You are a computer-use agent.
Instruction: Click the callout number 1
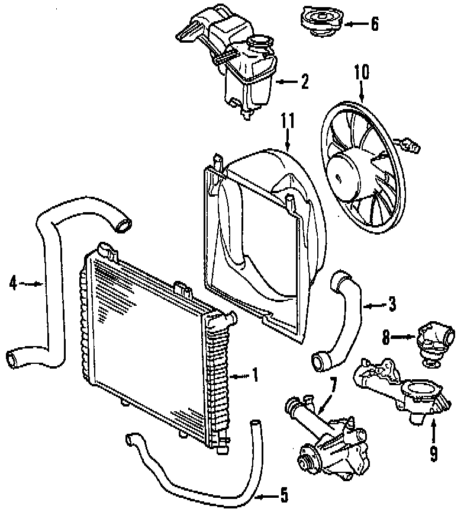pyautogui.click(x=254, y=375)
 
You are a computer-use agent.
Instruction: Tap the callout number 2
pyautogui.click(x=304, y=82)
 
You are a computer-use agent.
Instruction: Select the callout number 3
pyautogui.click(x=391, y=305)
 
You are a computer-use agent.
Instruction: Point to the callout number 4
pyautogui.click(x=13, y=284)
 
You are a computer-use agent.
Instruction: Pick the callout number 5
pyautogui.click(x=283, y=494)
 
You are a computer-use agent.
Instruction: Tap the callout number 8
pyautogui.click(x=385, y=338)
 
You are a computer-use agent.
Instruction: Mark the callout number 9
pyautogui.click(x=434, y=454)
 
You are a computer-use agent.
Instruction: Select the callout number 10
pyautogui.click(x=361, y=73)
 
